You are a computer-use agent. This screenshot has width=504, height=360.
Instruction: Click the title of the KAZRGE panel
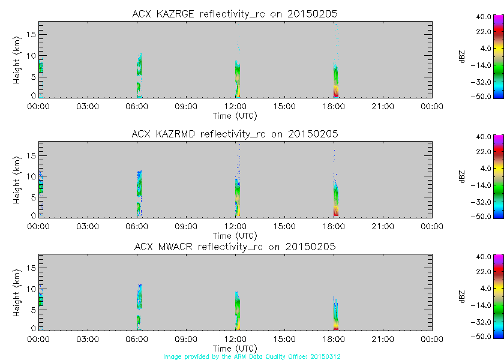tap(235, 14)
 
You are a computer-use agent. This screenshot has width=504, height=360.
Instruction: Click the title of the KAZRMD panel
tap(235, 134)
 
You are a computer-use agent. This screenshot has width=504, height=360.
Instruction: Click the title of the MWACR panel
tap(235, 247)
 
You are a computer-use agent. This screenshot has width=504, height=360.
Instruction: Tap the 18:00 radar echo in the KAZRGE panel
tap(336, 81)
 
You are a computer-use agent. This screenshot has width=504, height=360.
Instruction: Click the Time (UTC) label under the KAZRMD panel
tap(235, 235)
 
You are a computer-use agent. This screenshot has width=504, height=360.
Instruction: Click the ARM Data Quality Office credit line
tap(253, 356)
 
